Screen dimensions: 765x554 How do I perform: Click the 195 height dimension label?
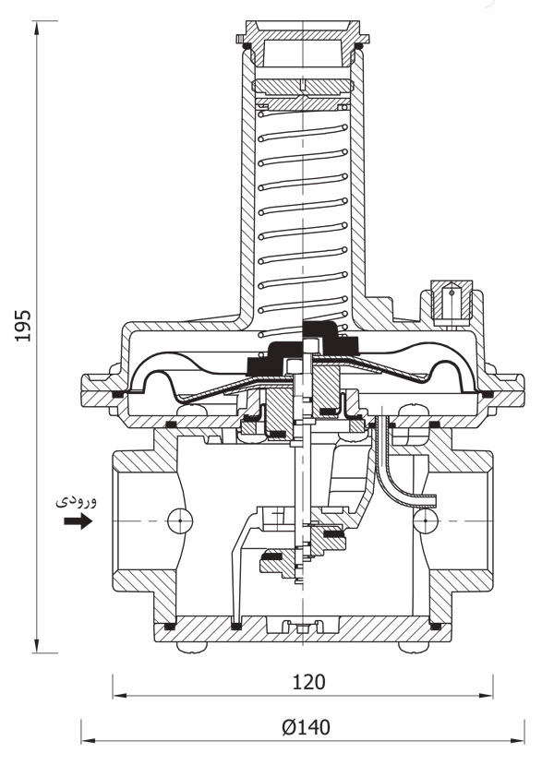pyautogui.click(x=24, y=325)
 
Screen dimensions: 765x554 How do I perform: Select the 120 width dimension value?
pyautogui.click(x=309, y=682)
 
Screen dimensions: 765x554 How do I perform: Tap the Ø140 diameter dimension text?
pyautogui.click(x=306, y=727)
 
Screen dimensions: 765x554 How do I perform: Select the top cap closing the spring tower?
pyautogui.click(x=304, y=42)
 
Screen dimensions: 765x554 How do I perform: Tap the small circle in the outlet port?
pyautogui.click(x=425, y=521)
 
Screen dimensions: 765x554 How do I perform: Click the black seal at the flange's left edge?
pyautogui.click(x=117, y=395)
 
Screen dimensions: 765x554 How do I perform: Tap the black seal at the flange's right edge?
pyautogui.click(x=488, y=395)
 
